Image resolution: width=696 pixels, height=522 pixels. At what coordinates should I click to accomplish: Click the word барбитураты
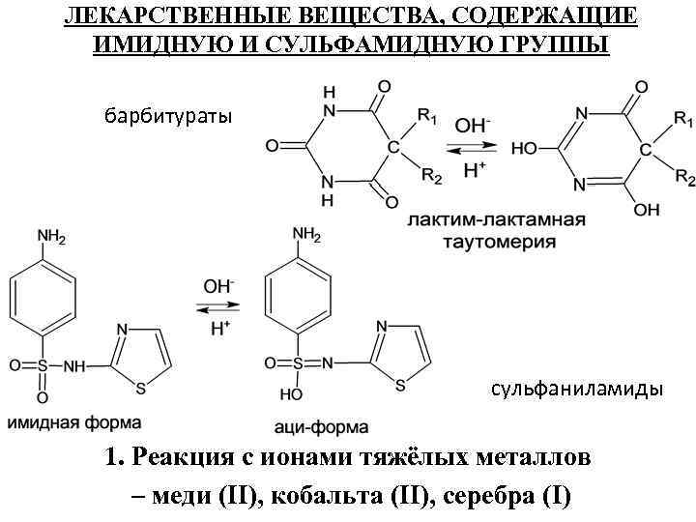click(x=168, y=117)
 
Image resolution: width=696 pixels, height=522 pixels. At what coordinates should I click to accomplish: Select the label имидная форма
click(x=75, y=422)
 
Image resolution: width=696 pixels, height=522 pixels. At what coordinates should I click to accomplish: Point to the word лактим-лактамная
click(x=496, y=219)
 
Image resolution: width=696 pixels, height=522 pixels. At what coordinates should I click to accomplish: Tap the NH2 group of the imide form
click(x=50, y=236)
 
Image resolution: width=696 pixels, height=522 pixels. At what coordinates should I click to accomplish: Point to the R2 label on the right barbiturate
click(x=684, y=177)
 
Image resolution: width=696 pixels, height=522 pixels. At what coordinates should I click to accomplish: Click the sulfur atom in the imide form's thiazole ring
click(x=142, y=389)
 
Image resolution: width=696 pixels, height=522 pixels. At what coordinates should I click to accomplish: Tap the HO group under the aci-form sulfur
click(x=286, y=395)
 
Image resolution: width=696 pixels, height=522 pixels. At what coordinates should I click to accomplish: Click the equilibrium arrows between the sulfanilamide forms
click(x=216, y=308)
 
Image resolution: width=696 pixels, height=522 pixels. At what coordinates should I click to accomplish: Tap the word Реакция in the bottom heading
click(x=183, y=456)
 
